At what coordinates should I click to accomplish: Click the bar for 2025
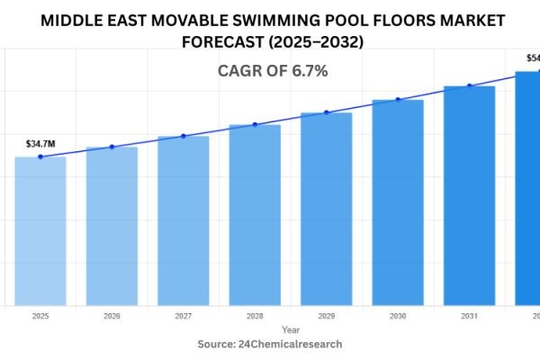point(40,231)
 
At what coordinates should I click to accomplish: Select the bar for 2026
point(112,226)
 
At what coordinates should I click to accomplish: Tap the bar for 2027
point(183,220)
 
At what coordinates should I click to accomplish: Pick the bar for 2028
point(255,215)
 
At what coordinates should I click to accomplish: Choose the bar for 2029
point(326,209)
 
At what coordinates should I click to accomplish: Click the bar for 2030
point(398,202)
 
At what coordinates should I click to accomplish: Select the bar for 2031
point(469,195)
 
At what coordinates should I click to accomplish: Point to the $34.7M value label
point(40,143)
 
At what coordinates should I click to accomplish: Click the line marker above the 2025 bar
point(40,157)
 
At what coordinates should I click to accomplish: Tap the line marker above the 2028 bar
point(255,124)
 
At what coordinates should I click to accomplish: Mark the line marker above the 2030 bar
point(398,99)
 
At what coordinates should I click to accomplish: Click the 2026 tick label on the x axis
point(112,317)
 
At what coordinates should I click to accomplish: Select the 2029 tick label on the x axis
point(326,317)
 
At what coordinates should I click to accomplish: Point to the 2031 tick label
point(469,317)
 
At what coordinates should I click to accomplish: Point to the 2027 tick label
point(183,317)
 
